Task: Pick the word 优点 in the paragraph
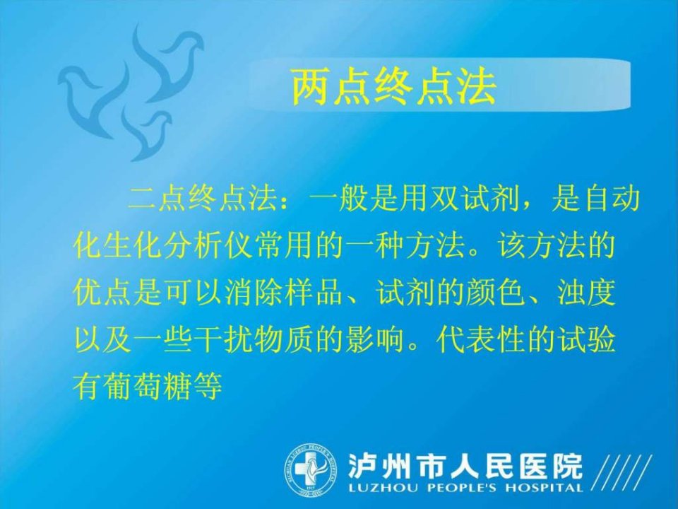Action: (x=102, y=293)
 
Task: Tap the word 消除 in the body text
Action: (x=254, y=293)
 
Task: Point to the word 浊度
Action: (x=586, y=293)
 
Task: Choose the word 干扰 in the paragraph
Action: (x=223, y=340)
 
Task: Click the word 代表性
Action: (x=480, y=340)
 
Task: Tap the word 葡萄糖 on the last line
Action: (x=147, y=386)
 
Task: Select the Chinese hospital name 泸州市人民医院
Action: (x=465, y=466)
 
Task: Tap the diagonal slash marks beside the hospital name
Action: (x=621, y=473)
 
